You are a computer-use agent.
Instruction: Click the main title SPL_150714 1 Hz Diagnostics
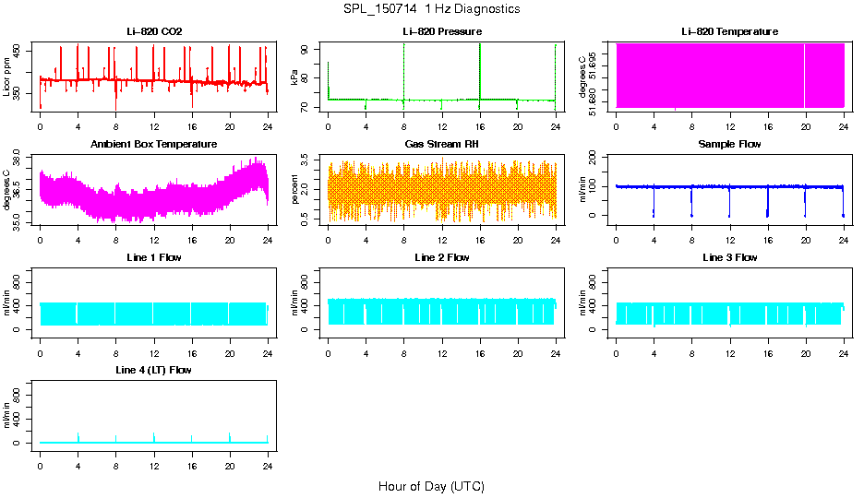pos(431,9)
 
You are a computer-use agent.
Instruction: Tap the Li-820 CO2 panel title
pos(154,31)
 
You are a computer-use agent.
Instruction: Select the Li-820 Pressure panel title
pos(442,31)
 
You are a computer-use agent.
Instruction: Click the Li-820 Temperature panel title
pos(729,31)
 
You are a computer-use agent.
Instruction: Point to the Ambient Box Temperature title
pos(154,145)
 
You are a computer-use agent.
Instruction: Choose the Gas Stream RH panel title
pos(442,145)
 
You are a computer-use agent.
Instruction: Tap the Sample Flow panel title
pos(729,145)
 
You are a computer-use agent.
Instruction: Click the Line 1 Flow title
pos(154,257)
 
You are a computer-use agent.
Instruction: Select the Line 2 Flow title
pos(442,257)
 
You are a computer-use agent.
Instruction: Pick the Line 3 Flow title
pos(729,257)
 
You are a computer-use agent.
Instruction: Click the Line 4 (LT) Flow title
pos(154,370)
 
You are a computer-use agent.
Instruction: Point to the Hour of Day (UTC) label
pos(431,486)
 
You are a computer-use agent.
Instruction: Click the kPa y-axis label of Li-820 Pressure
pos(294,78)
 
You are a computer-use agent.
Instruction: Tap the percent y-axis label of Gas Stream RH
pos(294,191)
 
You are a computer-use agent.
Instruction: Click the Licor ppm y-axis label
pos(6,78)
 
